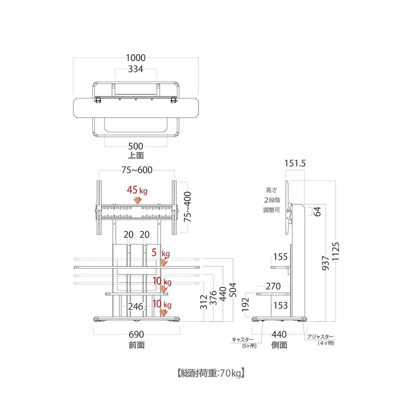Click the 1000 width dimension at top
click(136, 58)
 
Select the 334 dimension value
click(136, 69)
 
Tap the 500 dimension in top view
click(136, 146)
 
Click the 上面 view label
click(136, 155)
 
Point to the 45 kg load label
click(137, 190)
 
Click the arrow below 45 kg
click(138, 200)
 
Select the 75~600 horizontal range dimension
click(137, 170)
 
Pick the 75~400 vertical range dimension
click(187, 207)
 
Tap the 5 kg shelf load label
click(161, 253)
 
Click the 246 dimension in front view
click(136, 307)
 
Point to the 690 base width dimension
click(136, 334)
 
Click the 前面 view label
click(137, 345)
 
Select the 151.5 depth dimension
click(295, 163)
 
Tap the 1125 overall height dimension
click(335, 251)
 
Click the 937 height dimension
click(325, 263)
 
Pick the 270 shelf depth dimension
click(273, 286)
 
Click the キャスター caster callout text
click(243, 340)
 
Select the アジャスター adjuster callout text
click(320, 337)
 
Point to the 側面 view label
click(279, 345)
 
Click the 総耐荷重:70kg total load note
click(211, 373)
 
